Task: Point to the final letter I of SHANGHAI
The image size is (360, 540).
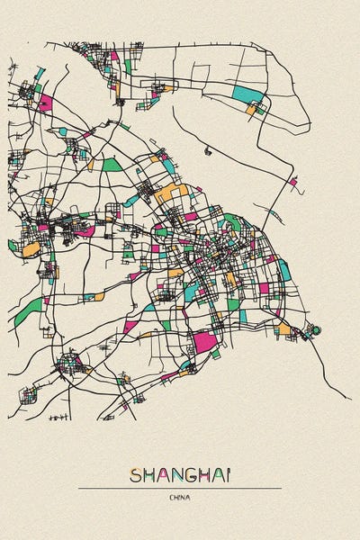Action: (x=229, y=475)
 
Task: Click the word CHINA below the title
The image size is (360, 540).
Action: (x=180, y=497)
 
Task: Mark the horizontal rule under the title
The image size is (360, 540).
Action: (x=180, y=488)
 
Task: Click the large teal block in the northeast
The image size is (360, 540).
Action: (x=247, y=94)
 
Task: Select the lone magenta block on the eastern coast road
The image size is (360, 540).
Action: (x=293, y=182)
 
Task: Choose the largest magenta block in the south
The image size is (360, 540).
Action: (x=205, y=342)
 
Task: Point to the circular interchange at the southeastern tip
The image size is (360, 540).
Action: (x=313, y=331)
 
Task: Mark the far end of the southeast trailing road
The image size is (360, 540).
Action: (x=350, y=397)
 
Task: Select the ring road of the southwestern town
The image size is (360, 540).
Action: (x=68, y=365)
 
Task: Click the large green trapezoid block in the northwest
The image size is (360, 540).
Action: (x=111, y=165)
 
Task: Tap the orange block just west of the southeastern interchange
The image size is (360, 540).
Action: (x=284, y=328)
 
